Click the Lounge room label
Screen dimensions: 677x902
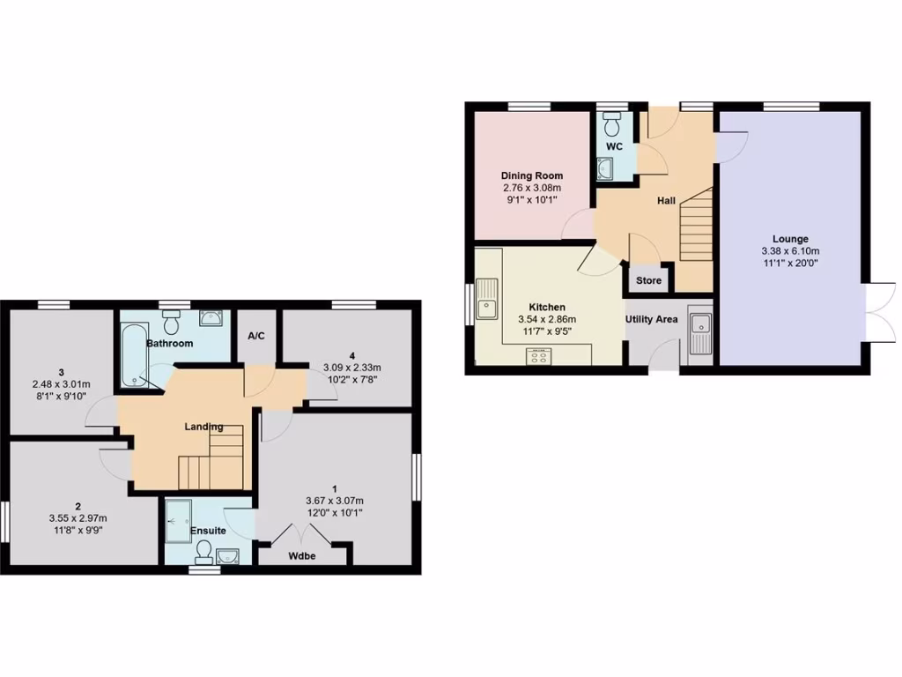(x=790, y=239)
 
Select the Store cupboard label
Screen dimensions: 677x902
(x=648, y=281)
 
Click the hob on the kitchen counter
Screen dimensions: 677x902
(x=538, y=355)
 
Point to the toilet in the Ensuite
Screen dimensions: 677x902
(x=203, y=550)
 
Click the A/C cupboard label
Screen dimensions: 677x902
(x=257, y=336)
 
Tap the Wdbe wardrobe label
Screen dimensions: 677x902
(x=302, y=557)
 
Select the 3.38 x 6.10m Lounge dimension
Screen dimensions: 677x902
(x=790, y=250)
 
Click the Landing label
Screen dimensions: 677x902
(x=203, y=427)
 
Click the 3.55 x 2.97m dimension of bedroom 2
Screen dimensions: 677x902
(x=78, y=518)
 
